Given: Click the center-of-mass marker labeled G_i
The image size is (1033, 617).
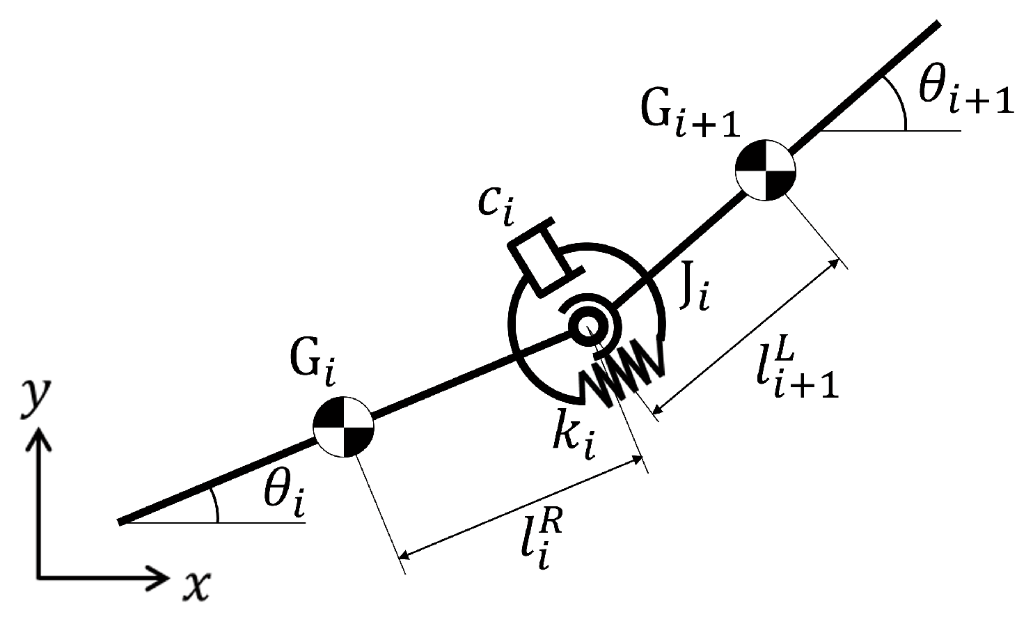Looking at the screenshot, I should [344, 426].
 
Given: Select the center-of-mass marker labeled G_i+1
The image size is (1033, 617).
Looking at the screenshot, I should [766, 171].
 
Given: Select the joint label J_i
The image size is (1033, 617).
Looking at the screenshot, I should [694, 291].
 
